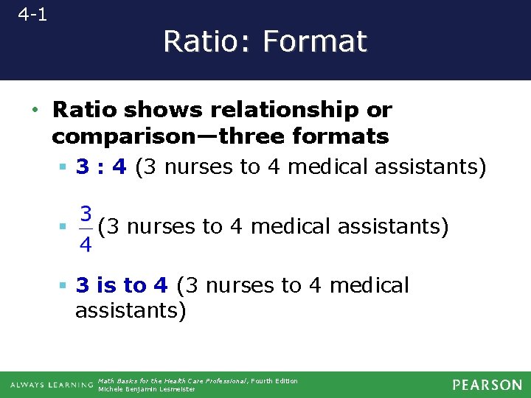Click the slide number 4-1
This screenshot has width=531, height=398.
point(32,14)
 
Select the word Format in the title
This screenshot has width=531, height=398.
point(315,41)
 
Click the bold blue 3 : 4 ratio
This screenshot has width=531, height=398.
point(102,167)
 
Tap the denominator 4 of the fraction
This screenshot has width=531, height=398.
point(86,244)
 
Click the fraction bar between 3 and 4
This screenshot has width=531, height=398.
point(86,229)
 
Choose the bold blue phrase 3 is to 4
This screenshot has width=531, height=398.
point(122,285)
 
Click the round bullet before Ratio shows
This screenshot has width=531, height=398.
point(35,111)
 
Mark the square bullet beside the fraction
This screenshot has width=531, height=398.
point(63,228)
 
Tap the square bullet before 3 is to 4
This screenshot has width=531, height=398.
point(63,286)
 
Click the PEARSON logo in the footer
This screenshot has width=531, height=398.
point(487,385)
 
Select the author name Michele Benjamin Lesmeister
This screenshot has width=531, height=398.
point(147,389)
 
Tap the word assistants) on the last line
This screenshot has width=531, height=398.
point(131,311)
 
